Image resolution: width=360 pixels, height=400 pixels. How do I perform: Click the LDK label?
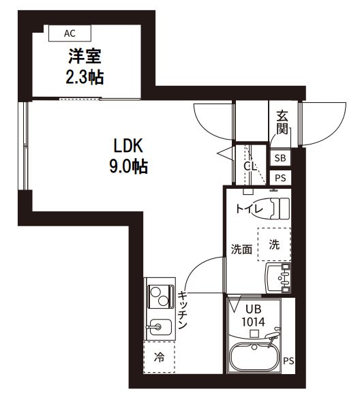point(128,145)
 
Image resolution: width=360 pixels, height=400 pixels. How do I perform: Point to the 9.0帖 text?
point(128,165)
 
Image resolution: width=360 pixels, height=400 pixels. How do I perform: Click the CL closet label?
point(250,166)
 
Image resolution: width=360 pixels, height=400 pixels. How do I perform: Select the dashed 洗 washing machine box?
point(273,245)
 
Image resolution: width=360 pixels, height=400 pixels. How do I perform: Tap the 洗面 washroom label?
point(240,249)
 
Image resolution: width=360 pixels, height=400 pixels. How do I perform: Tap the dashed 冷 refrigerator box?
point(159,356)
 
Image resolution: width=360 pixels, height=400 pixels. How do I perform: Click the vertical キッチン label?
point(183,311)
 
